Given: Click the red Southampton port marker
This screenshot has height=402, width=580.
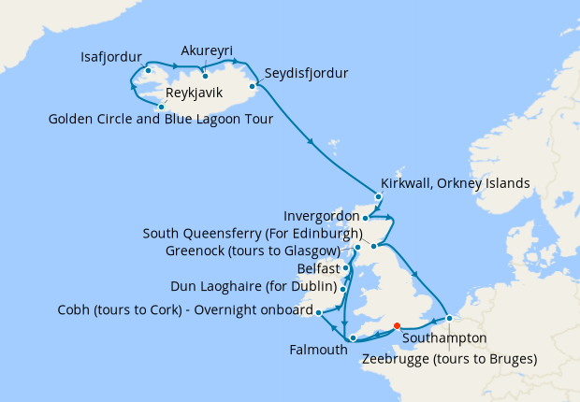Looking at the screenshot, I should pos(398,326).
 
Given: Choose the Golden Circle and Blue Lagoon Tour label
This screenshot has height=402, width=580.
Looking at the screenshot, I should pos(163,119).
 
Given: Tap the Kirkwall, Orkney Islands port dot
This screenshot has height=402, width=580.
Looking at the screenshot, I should pos(378,196).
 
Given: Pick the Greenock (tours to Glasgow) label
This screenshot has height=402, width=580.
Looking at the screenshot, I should pos(252,251).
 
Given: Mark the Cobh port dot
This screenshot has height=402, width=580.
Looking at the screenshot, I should pos(319,312).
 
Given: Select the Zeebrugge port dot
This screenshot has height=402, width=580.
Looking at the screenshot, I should pos(449,318).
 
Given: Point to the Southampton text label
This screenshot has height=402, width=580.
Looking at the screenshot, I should pos(445,339).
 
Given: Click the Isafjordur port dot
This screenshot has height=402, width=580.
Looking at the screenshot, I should pos(149,70).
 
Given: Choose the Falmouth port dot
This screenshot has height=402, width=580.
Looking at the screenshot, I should pos(353,337).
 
